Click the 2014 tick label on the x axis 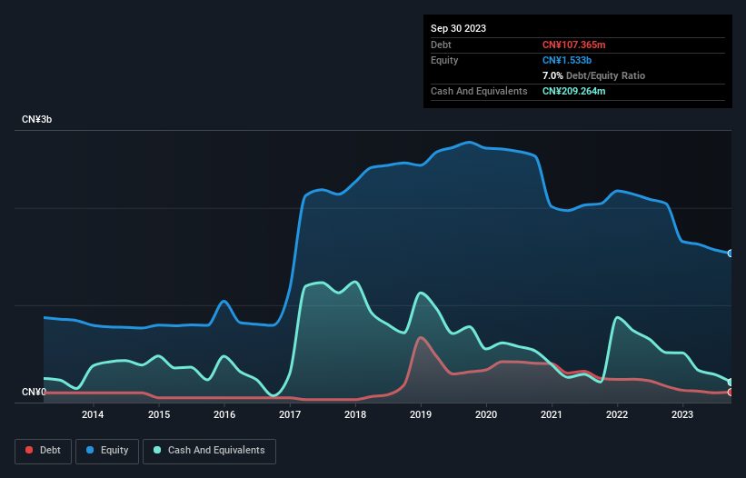pos(93,415)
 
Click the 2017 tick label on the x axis pos(290,415)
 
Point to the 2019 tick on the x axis pos(421,415)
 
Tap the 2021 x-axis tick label pos(552,415)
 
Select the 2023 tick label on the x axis pos(682,415)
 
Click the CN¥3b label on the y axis pos(37,120)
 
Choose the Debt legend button pos(42,451)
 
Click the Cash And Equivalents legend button pos(209,451)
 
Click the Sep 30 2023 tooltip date pos(458,28)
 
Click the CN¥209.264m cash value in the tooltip pos(573,91)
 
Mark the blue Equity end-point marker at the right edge pos(731,254)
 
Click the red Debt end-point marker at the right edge pos(731,393)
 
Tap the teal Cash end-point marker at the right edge pos(731,382)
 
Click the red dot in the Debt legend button pos(29,451)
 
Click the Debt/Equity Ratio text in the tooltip pos(607,75)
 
